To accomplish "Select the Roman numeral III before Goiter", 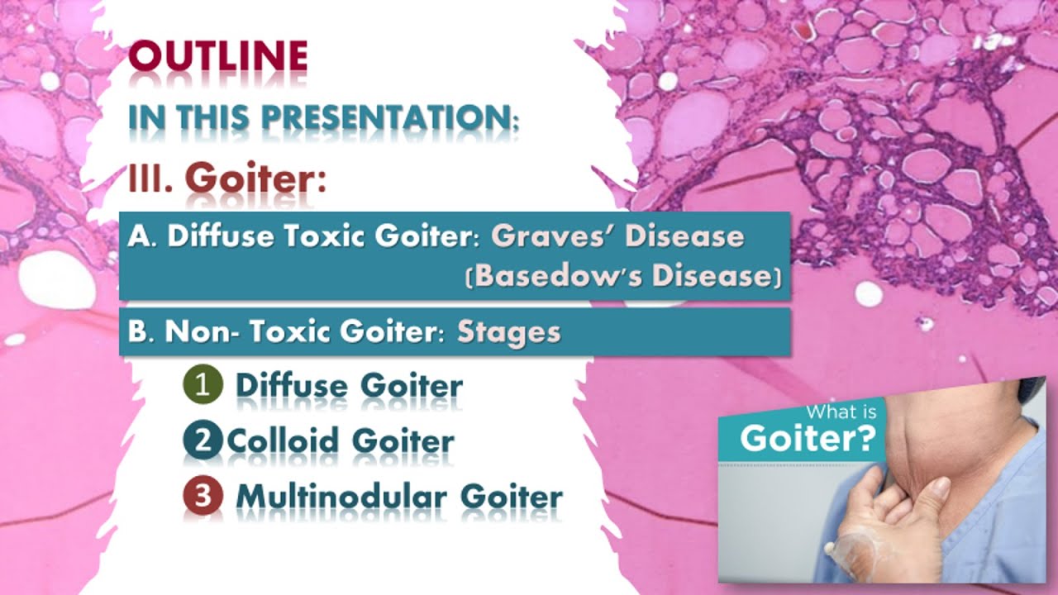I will (x=150, y=178).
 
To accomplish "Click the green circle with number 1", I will (x=203, y=385).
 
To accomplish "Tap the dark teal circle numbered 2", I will (x=203, y=440).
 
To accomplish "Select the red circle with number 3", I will (x=203, y=496).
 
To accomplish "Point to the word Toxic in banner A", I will (x=323, y=236).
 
